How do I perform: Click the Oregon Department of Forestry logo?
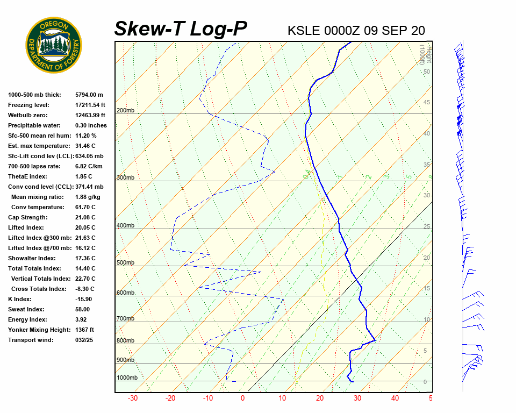pyautogui.click(x=54, y=45)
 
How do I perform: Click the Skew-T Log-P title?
pyautogui.click(x=181, y=29)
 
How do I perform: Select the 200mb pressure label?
pyautogui.click(x=125, y=111)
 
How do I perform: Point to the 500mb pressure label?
pyautogui.click(x=125, y=263)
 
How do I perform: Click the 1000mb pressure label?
pyautogui.click(x=127, y=378)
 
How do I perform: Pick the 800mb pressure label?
pyautogui.click(x=125, y=341)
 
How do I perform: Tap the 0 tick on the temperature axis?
pyautogui.click(x=242, y=398)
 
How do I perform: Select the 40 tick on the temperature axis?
pyautogui.click(x=395, y=398)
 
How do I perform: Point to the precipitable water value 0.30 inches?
pyautogui.click(x=91, y=125)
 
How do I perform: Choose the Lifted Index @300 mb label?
pyautogui.click(x=36, y=238)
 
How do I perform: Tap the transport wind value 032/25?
pyautogui.click(x=84, y=340)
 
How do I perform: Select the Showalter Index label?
pyautogui.click(x=29, y=258)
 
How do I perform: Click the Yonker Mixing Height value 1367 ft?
pyautogui.click(x=85, y=330)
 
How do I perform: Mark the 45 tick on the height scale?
pyautogui.click(x=427, y=103)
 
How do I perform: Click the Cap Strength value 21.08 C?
pyautogui.click(x=85, y=217)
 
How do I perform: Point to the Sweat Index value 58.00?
pyautogui.click(x=83, y=309)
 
